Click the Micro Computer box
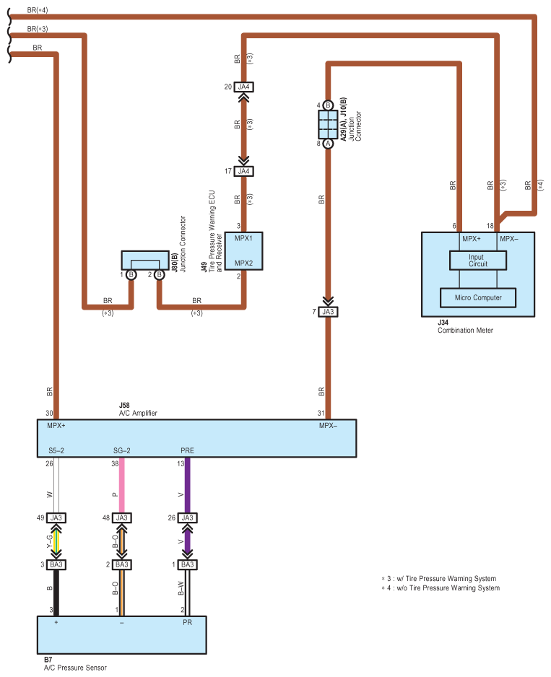pyautogui.click(x=477, y=297)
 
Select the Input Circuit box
pyautogui.click(x=477, y=260)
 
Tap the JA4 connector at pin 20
pyautogui.click(x=243, y=87)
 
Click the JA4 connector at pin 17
pyautogui.click(x=243, y=171)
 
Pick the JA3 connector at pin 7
pyautogui.click(x=328, y=312)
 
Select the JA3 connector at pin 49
pyautogui.click(x=57, y=517)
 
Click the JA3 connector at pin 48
pyautogui.click(x=121, y=517)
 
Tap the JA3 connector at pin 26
pyautogui.click(x=187, y=517)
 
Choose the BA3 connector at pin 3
pyautogui.click(x=57, y=564)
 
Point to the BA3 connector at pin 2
pyautogui.click(x=121, y=564)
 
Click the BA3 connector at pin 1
pyautogui.click(x=187, y=564)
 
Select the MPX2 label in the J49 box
pyautogui.click(x=243, y=263)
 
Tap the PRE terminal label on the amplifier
pyautogui.click(x=187, y=450)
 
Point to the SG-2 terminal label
pyautogui.click(x=121, y=450)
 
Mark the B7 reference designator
pyautogui.click(x=48, y=660)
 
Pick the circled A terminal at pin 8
pyautogui.click(x=328, y=143)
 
